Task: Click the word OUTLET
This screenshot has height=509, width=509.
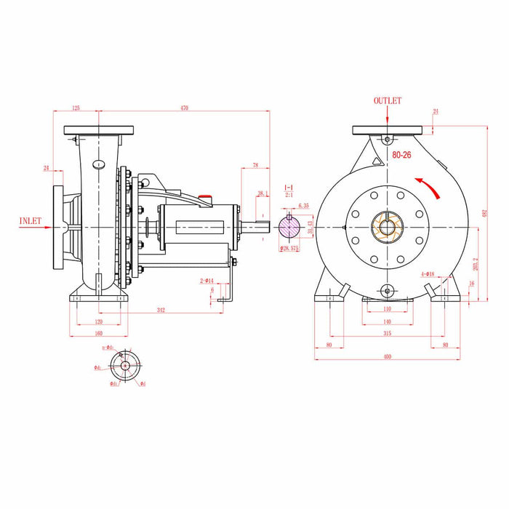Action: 387,101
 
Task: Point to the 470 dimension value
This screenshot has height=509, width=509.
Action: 184,108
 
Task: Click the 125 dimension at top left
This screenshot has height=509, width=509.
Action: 76,108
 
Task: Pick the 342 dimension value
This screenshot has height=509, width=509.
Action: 161,310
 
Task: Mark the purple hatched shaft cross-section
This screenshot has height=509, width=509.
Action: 289,227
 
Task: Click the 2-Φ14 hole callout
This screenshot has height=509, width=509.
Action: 207,280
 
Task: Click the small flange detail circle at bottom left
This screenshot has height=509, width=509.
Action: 124,364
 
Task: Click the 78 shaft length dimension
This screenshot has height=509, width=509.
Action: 255,165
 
